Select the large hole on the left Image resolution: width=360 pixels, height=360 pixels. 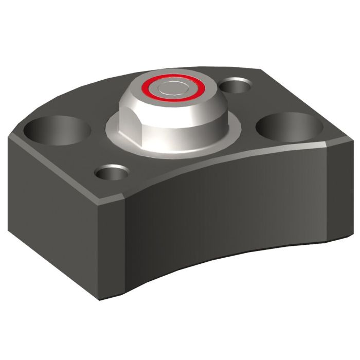pyautogui.click(x=57, y=130)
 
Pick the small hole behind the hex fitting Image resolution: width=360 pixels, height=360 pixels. pyautogui.click(x=236, y=85)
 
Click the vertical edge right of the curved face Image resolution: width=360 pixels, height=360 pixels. pyautogui.click(x=328, y=195)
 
